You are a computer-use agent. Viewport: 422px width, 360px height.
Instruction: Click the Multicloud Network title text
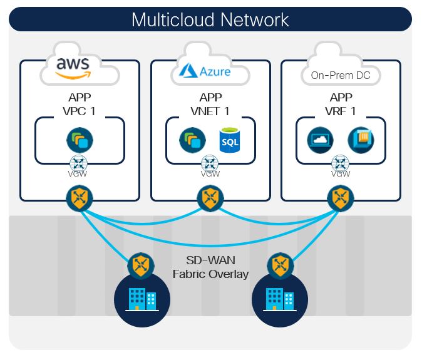pos(210,19)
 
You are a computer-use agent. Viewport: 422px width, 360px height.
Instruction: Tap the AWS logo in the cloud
pos(73,67)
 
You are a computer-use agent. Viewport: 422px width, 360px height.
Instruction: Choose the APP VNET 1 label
pos(210,104)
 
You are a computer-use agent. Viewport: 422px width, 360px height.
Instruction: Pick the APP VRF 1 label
pos(340,104)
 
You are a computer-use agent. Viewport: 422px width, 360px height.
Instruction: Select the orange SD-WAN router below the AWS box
pos(80,200)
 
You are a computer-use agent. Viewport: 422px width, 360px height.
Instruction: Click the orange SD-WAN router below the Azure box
pos(210,200)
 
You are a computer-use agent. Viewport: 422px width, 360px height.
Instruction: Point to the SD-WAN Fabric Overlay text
pos(210,267)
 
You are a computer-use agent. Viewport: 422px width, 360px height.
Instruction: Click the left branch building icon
pos(142,299)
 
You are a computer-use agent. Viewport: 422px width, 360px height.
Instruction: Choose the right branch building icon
pos(279,299)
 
